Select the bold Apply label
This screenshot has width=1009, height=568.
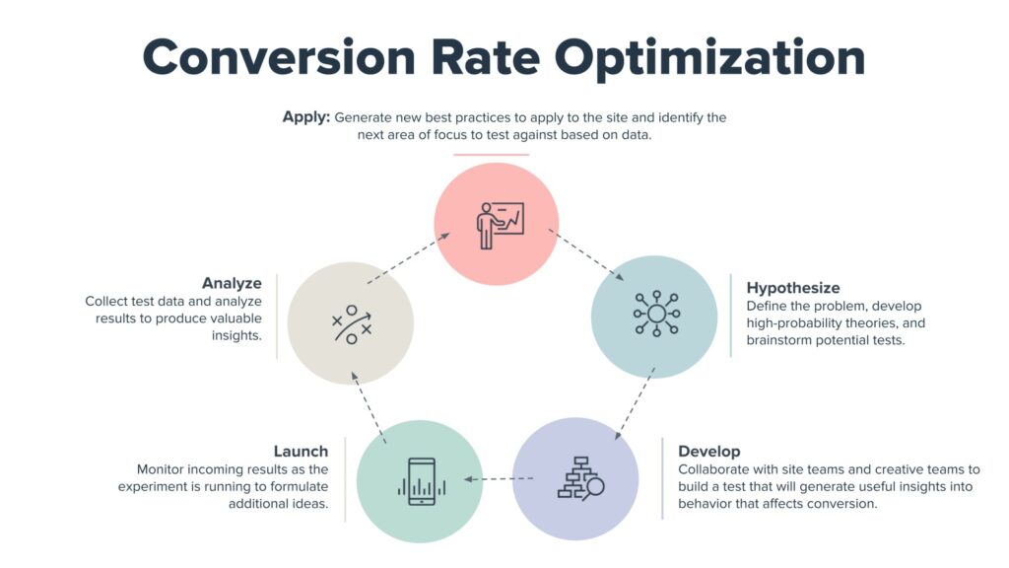tap(305, 117)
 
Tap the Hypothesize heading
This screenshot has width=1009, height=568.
tap(793, 288)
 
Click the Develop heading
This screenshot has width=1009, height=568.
tap(708, 452)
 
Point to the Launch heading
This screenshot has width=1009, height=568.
tap(301, 452)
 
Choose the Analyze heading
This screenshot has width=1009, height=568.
tap(232, 283)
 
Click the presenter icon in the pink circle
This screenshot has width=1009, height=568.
tap(498, 225)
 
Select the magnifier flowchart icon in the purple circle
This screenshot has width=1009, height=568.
tap(578, 479)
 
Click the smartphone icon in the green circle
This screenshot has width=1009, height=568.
tap(420, 480)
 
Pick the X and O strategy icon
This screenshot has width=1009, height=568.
tap(350, 324)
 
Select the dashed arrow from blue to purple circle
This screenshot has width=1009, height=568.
tap(635, 403)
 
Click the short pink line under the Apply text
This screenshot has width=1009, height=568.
tap(491, 155)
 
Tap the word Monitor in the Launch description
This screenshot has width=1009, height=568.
tap(162, 469)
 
